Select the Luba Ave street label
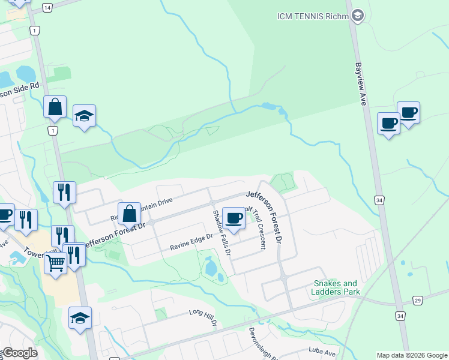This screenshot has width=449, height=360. (322, 351)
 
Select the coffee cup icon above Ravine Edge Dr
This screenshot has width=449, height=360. (234, 217)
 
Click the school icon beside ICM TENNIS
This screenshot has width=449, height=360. (357, 16)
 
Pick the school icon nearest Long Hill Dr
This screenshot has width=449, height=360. (80, 317)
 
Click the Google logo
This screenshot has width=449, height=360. (19, 353)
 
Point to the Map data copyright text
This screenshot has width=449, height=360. (411, 355)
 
